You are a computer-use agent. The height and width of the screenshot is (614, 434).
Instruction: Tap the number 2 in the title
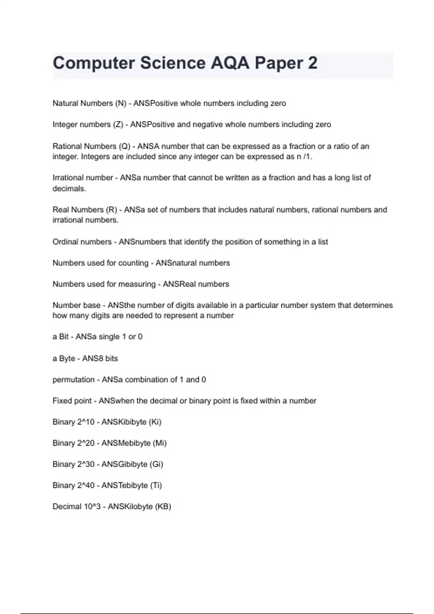coord(312,63)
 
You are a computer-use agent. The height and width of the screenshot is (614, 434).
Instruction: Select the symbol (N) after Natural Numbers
coord(120,103)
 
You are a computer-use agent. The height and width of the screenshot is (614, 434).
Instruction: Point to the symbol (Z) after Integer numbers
coord(118,125)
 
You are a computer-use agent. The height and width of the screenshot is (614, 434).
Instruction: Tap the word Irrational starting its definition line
coord(68,178)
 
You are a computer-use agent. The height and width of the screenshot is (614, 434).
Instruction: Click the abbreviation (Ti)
coord(156,485)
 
